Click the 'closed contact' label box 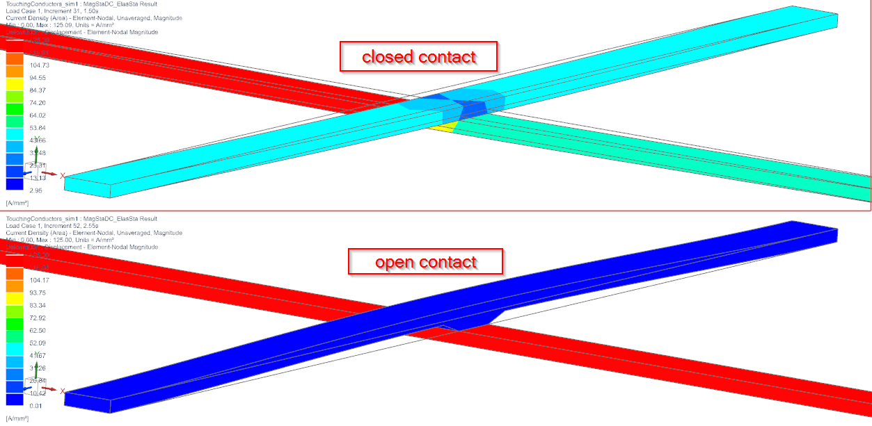[x=418, y=56]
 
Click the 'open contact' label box [x=425, y=262]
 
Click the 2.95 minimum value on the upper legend [x=35, y=190]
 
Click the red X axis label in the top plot [x=63, y=176]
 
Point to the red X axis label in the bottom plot [x=63, y=391]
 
